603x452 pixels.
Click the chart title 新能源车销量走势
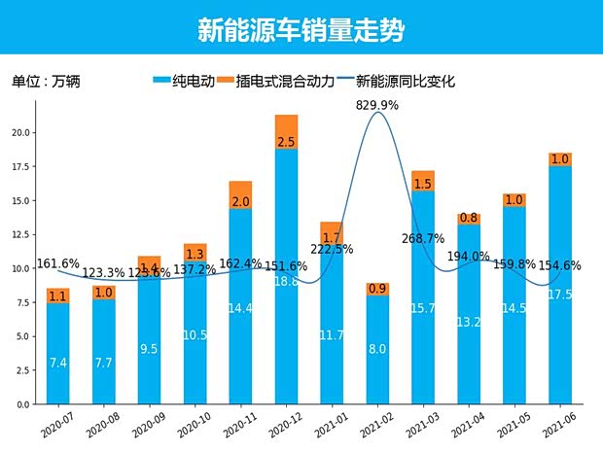(301, 29)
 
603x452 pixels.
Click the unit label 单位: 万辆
(45, 82)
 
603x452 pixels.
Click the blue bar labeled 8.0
(377, 345)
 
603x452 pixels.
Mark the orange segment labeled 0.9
(377, 289)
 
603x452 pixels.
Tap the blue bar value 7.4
(57, 362)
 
